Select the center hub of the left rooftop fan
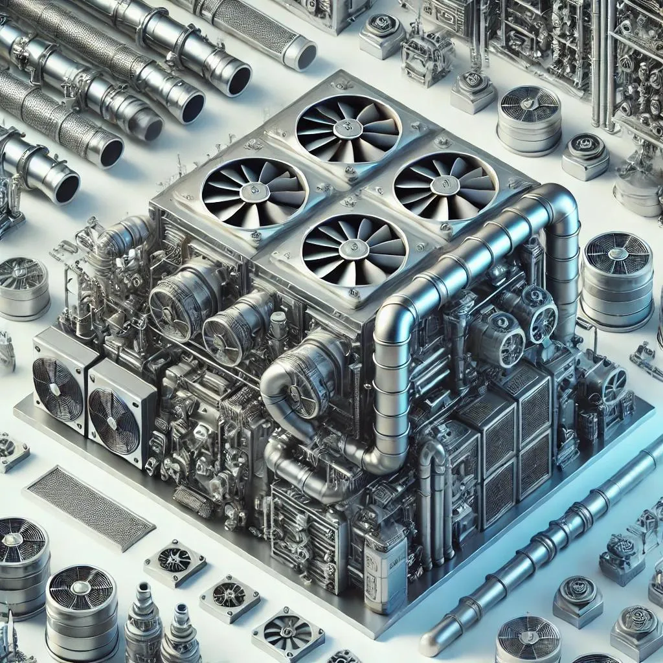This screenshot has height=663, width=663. [x=254, y=191]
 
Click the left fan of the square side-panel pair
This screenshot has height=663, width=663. [x=58, y=388]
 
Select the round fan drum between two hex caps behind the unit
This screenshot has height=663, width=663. [x=529, y=120]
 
